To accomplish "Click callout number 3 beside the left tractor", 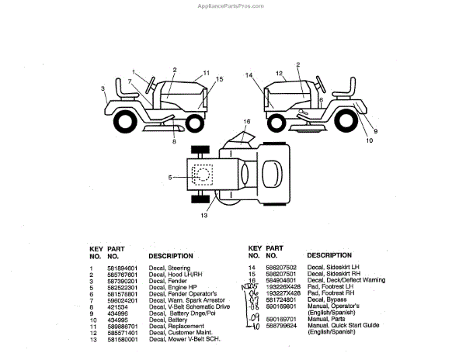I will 103,88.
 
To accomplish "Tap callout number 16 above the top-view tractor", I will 247,122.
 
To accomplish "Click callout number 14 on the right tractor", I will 249,75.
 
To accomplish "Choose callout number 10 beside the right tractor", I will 370,141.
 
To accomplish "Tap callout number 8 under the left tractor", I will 174,142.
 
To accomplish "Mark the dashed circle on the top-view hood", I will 203,175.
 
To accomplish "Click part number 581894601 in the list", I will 120,268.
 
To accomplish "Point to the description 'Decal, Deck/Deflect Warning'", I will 346,280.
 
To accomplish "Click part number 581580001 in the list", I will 120,339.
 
